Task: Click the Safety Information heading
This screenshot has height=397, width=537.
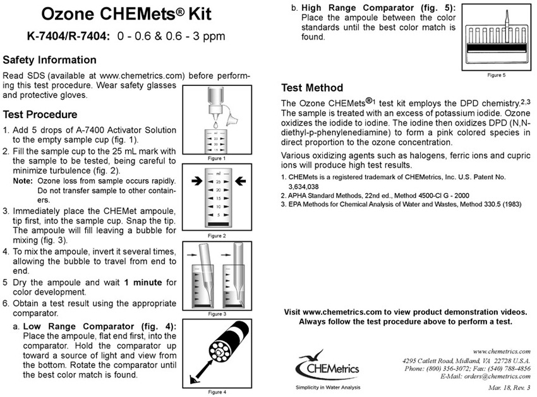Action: (x=49, y=61)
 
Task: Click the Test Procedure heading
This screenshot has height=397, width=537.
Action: (x=40, y=115)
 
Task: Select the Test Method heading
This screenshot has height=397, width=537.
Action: (x=312, y=88)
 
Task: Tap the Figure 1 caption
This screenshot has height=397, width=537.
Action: (x=215, y=158)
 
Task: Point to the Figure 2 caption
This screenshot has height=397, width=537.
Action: (x=215, y=235)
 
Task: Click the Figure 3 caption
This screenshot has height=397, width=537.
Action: (x=215, y=314)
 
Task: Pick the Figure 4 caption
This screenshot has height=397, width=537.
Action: (x=215, y=392)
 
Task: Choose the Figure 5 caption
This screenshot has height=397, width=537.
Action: (x=496, y=75)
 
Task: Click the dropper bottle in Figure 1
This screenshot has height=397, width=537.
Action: (x=215, y=104)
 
